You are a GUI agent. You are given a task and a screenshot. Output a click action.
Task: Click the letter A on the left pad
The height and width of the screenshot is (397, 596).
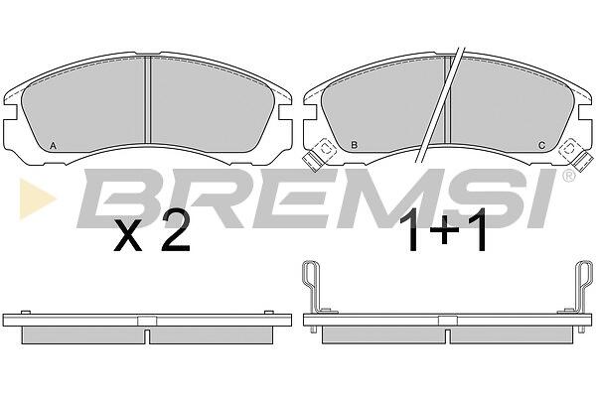(x=54, y=145)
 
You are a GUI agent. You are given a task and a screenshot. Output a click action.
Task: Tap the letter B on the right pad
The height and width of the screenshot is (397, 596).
(x=354, y=145)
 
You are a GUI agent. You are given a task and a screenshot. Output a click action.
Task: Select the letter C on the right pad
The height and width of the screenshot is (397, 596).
(x=542, y=145)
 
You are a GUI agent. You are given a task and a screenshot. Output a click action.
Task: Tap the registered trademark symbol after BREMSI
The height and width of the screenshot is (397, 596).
(x=568, y=176)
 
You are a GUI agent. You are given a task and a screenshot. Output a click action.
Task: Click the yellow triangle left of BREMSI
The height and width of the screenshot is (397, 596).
(x=38, y=198)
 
